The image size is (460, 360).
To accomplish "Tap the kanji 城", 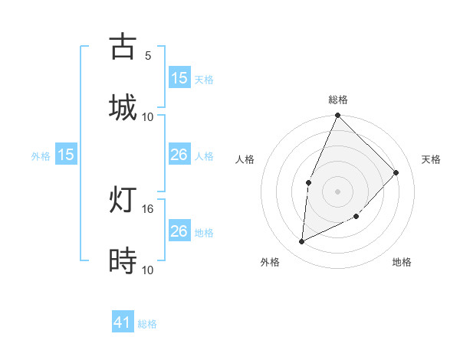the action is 123,106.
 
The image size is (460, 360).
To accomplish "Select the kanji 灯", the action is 123,200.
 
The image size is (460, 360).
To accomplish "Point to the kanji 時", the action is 123,261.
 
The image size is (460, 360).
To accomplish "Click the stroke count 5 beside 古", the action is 147,56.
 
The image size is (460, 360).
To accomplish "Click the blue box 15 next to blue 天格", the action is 179,78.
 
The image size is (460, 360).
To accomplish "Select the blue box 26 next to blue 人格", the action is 179,155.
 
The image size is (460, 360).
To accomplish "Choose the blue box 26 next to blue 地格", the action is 179,231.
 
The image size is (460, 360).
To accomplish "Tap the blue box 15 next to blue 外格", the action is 66,155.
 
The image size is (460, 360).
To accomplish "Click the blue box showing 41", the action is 123,323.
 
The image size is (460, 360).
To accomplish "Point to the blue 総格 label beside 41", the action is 147,324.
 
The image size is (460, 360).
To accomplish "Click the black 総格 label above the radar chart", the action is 337,100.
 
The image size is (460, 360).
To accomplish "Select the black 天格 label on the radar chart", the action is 431,159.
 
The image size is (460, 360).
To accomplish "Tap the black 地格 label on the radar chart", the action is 402,262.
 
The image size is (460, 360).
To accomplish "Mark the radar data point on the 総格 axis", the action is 337,116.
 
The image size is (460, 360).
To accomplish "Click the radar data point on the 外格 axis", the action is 301,242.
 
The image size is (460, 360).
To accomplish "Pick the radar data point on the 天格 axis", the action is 396,172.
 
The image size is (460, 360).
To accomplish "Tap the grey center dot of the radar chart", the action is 337,191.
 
